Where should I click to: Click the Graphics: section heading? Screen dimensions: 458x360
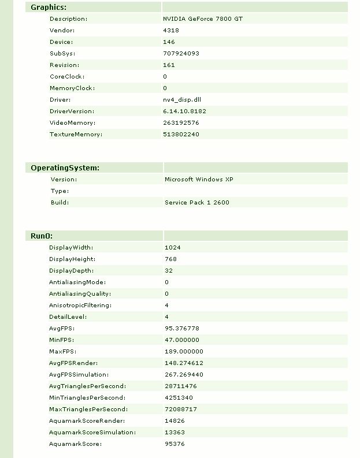point(49,8)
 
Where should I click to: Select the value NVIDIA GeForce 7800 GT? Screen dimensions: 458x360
point(203,19)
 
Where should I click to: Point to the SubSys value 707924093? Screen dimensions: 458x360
point(181,54)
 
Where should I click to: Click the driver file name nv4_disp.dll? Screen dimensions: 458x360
point(181,100)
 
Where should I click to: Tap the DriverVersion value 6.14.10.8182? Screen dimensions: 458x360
point(184,111)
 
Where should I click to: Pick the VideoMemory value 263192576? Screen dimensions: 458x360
point(181,123)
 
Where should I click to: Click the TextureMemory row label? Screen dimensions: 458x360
point(76,135)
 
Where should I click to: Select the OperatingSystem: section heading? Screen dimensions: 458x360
point(65,168)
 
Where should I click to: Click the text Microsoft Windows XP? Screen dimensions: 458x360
point(199,180)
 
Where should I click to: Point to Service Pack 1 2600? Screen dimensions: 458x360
point(196,203)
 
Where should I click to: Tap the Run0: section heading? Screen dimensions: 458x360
point(42,236)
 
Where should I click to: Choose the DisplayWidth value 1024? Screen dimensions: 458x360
point(173,248)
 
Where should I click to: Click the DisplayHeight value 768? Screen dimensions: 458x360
point(170,259)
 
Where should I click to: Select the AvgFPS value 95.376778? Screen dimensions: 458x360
point(182,329)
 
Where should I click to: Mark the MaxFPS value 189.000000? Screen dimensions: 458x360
point(184,352)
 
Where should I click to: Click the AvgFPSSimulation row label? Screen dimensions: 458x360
point(79,375)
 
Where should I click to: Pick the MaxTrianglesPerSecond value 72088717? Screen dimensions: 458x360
point(181,409)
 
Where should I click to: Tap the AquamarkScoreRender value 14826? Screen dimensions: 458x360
point(175,421)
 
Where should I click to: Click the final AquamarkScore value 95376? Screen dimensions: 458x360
point(175,444)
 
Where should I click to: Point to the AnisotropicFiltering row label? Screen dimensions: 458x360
point(80,306)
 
